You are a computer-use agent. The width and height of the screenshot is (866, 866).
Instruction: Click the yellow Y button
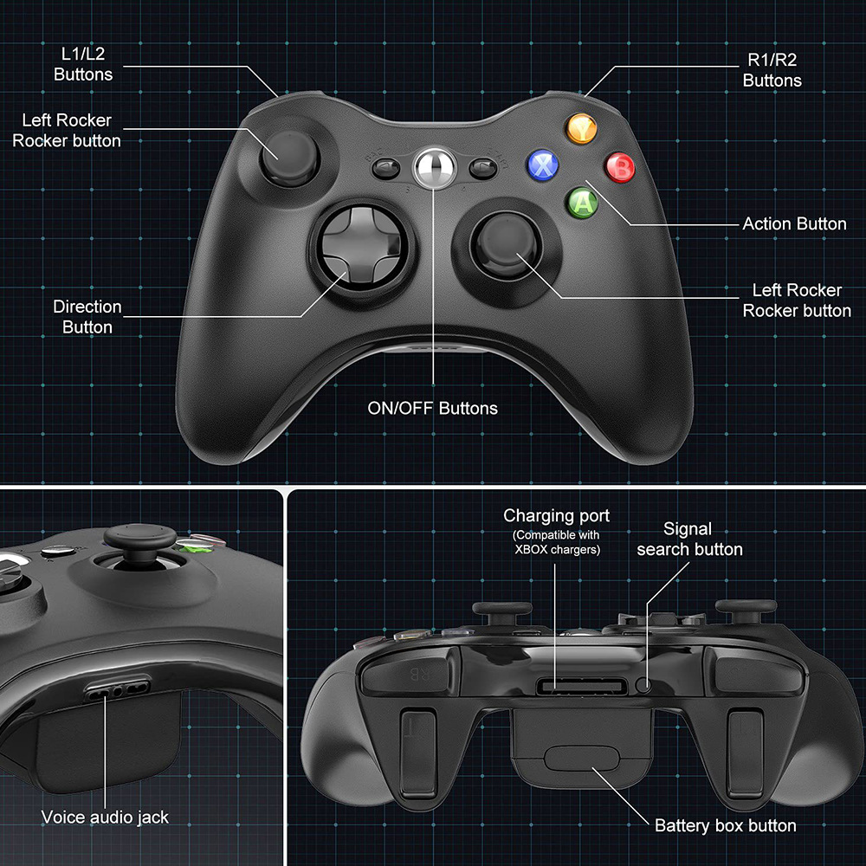pyautogui.click(x=582, y=130)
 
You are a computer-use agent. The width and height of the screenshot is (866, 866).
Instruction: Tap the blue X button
pyautogui.click(x=544, y=165)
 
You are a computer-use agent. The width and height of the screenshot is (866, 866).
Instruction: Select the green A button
pyautogui.click(x=583, y=203)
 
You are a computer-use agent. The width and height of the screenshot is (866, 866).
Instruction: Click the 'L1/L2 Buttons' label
pyautogui.click(x=83, y=64)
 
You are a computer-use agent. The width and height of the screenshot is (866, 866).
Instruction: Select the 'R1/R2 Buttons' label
pyautogui.click(x=772, y=70)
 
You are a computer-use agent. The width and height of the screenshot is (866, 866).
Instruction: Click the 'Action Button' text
pyautogui.click(x=794, y=223)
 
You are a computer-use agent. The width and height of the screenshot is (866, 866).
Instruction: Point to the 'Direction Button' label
pyautogui.click(x=87, y=317)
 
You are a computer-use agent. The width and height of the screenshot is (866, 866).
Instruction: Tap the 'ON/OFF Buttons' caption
pyautogui.click(x=433, y=408)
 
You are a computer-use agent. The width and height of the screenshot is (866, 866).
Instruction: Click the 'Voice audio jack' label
pyautogui.click(x=105, y=817)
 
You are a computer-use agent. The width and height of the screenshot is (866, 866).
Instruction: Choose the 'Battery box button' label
pyautogui.click(x=725, y=825)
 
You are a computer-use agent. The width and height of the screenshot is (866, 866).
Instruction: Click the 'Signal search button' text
pyautogui.click(x=689, y=539)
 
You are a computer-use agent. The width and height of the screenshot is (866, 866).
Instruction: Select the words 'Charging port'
pyautogui.click(x=557, y=516)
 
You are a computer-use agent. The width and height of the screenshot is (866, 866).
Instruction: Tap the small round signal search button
pyautogui.click(x=643, y=684)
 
